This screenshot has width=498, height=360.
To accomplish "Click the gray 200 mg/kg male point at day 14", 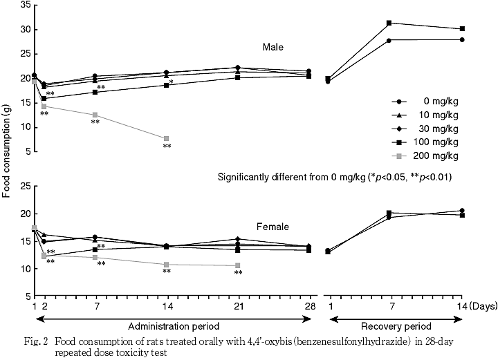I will pos(167,139).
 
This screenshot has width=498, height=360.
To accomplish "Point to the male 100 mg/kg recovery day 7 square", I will pos(389,23).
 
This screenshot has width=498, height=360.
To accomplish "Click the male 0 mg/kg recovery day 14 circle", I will pos(462,39).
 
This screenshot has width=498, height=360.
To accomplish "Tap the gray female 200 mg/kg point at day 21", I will pos(238,265).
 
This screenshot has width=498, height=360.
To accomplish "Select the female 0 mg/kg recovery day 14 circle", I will pos(462,210).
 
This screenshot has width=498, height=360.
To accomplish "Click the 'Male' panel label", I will pos(273,48).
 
